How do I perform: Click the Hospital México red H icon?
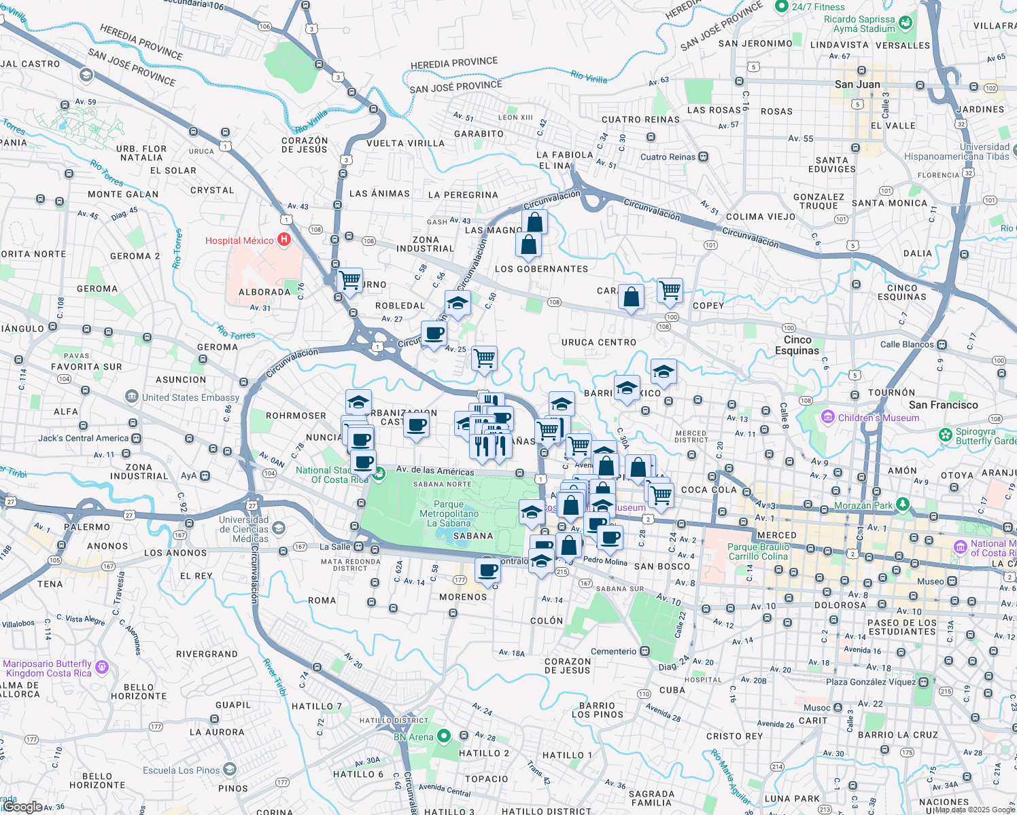pos(283,240)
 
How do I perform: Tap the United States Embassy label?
pos(190,397)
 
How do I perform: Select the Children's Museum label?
pos(878,418)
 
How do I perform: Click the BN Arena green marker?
pos(444,736)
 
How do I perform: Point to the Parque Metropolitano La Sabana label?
pos(449,513)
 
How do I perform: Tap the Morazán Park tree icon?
pos(902,505)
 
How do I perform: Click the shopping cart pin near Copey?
pos(670,291)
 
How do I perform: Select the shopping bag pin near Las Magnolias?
pos(535,221)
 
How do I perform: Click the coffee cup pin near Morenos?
pos(487,570)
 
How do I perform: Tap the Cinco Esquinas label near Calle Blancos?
pos(797,345)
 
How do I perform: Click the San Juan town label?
pos(857,84)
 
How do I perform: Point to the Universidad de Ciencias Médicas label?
pos(244,529)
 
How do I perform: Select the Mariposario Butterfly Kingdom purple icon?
pos(102,667)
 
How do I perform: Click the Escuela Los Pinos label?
pos(182,770)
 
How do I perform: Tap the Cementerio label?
pos(613,651)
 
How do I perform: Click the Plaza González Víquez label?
pos(871,682)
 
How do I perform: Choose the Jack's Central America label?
pos(83,438)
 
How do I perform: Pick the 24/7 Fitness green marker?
pos(781,7)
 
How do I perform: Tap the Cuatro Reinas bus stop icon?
pos(704,157)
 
